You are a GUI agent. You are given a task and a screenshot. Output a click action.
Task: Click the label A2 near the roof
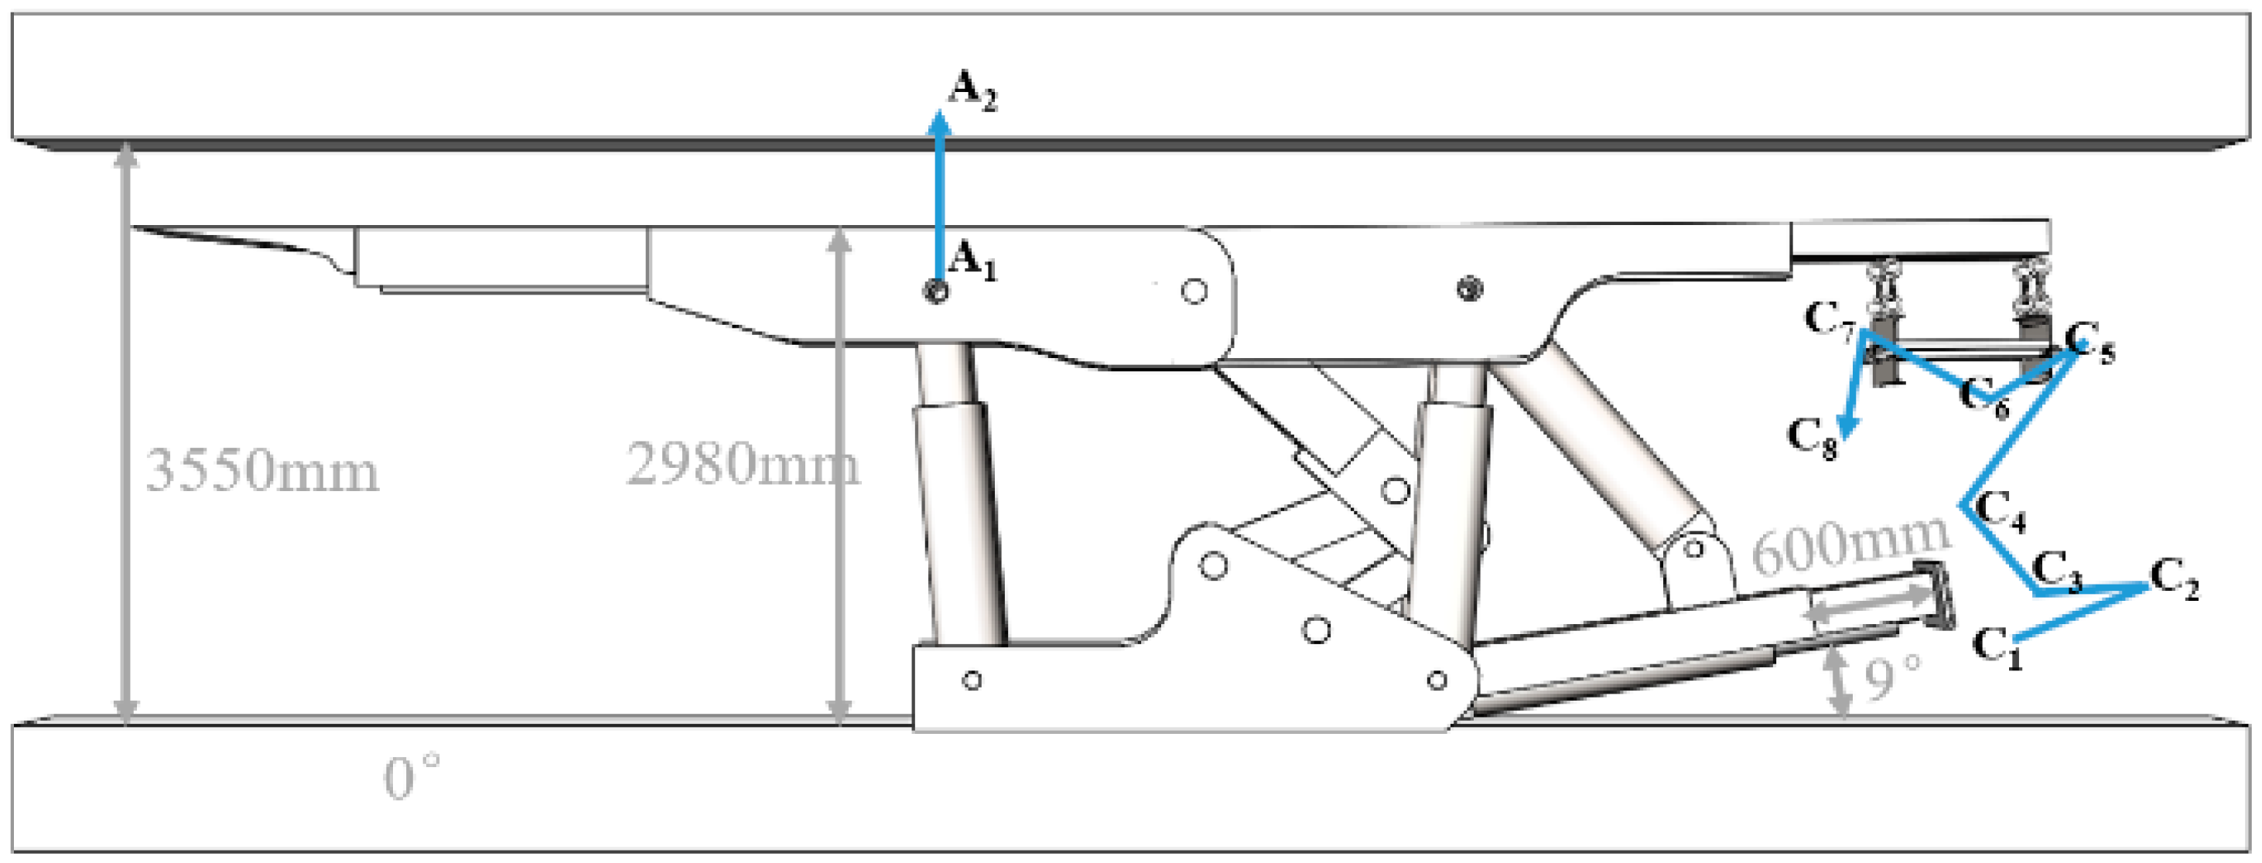pyautogui.click(x=973, y=91)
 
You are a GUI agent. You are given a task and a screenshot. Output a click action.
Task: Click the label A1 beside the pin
pyautogui.click(x=973, y=261)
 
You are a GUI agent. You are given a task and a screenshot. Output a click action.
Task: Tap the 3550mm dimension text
pyautogui.click(x=261, y=471)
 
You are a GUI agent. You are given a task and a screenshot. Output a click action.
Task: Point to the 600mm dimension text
pyautogui.click(x=1851, y=544)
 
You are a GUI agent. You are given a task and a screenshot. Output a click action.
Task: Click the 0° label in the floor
pyautogui.click(x=411, y=778)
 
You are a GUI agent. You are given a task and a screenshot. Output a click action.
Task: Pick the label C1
pyautogui.click(x=1997, y=648)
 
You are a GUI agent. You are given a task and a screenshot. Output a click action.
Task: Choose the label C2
pyautogui.click(x=2174, y=579)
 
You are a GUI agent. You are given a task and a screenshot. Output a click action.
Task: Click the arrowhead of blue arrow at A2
pyautogui.click(x=940, y=123)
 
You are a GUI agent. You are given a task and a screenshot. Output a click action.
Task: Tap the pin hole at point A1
pyautogui.click(x=936, y=292)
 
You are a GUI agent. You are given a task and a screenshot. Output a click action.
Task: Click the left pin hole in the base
pyautogui.click(x=971, y=680)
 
